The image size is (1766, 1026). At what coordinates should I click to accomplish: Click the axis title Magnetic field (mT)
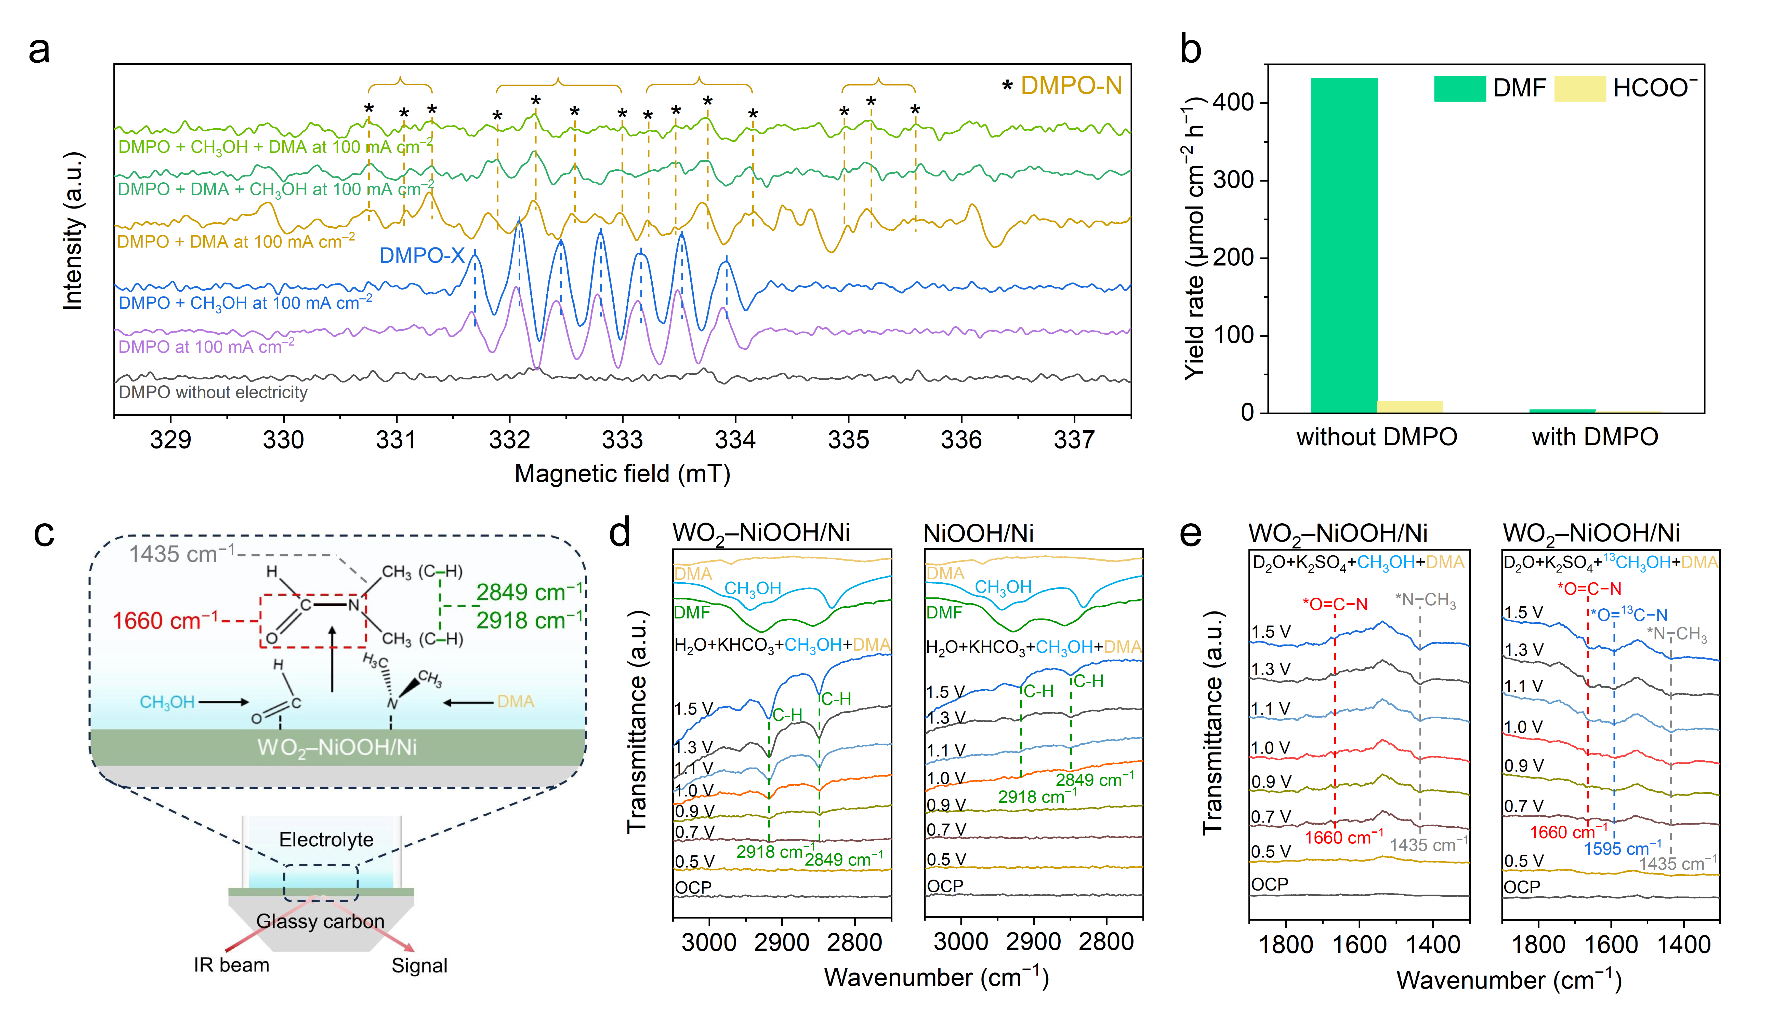click(x=622, y=474)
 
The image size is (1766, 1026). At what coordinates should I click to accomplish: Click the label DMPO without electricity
click(x=213, y=392)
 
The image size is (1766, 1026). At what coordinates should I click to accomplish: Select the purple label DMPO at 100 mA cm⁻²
click(x=206, y=347)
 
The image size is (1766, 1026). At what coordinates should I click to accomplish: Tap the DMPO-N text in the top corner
click(x=1071, y=86)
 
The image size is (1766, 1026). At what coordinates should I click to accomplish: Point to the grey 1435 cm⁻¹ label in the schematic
click(x=181, y=554)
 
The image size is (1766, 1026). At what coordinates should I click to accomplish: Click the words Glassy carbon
click(x=320, y=921)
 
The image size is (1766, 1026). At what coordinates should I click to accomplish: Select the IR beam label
click(x=231, y=965)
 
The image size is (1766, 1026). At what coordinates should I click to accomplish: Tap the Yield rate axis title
click(x=1193, y=238)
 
